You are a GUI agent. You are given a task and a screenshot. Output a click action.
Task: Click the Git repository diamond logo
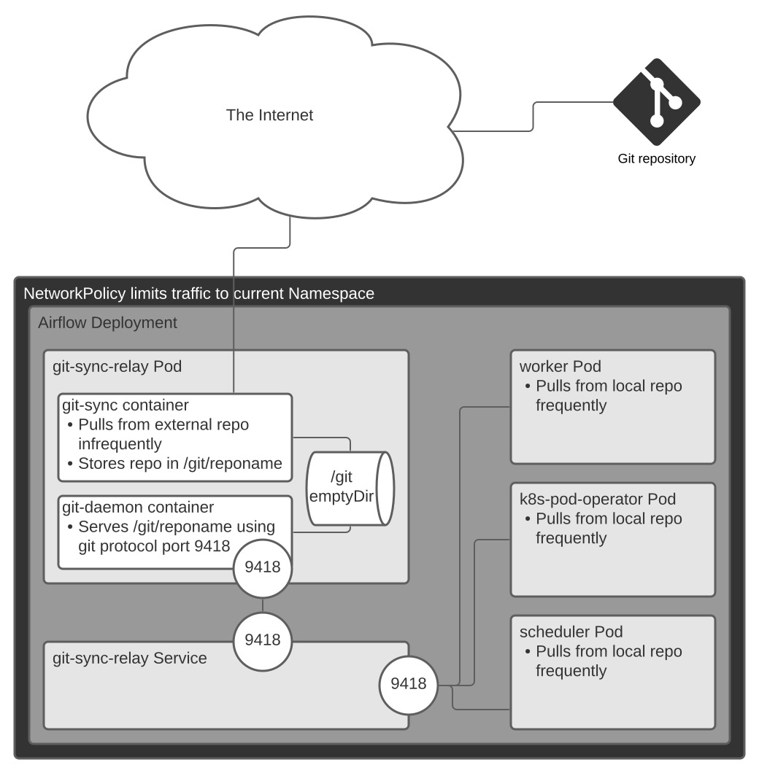pyautogui.click(x=656, y=101)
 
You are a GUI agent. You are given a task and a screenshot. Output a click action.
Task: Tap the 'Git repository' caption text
pyautogui.click(x=656, y=158)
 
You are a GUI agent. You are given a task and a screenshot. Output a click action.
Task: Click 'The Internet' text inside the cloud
pyautogui.click(x=269, y=114)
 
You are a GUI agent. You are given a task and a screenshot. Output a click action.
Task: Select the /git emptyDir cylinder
pyautogui.click(x=351, y=488)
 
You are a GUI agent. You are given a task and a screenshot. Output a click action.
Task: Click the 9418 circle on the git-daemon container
pyautogui.click(x=263, y=567)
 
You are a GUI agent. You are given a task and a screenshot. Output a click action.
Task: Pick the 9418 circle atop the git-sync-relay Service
pyautogui.click(x=263, y=640)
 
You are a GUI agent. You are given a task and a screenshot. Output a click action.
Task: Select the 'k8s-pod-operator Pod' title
pyautogui.click(x=597, y=500)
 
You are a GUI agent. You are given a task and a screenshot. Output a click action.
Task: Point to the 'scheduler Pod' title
pyautogui.click(x=571, y=632)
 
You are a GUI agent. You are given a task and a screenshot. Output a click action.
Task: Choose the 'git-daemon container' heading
pyautogui.click(x=138, y=507)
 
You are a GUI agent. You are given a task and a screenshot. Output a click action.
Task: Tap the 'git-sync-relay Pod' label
pyautogui.click(x=117, y=366)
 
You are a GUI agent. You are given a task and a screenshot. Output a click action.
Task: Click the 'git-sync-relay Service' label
pyautogui.click(x=130, y=659)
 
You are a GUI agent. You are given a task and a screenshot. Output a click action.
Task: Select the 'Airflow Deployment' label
pyautogui.click(x=107, y=322)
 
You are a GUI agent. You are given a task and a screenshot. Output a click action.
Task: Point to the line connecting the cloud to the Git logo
pyautogui.click(x=533, y=117)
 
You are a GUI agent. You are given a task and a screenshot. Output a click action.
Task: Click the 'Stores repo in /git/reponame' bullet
pyautogui.click(x=180, y=463)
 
